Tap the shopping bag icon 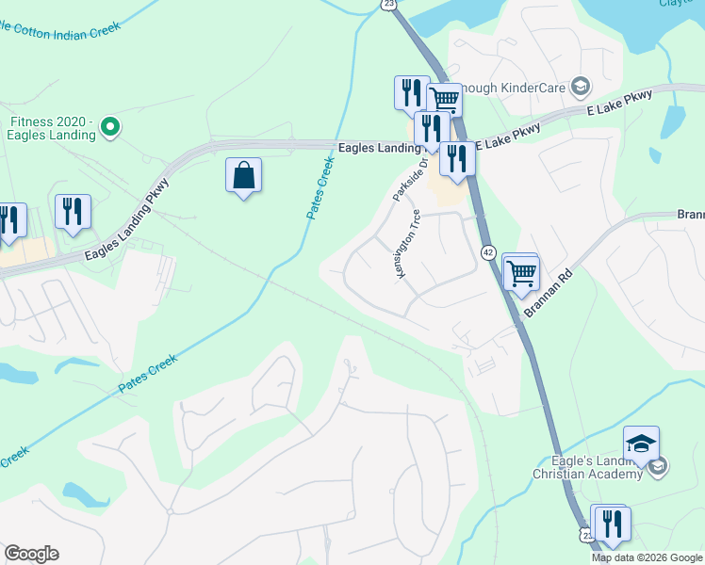click(243, 175)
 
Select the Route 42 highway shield click(487, 252)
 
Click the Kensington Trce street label click(406, 244)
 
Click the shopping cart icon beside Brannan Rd click(521, 273)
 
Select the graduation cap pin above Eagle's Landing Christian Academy click(641, 443)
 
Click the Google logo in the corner click(31, 554)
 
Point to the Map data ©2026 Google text click(647, 557)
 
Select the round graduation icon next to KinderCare click(581, 88)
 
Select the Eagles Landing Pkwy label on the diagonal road click(126, 220)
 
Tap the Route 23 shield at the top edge click(389, 5)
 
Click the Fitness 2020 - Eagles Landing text click(53, 128)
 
